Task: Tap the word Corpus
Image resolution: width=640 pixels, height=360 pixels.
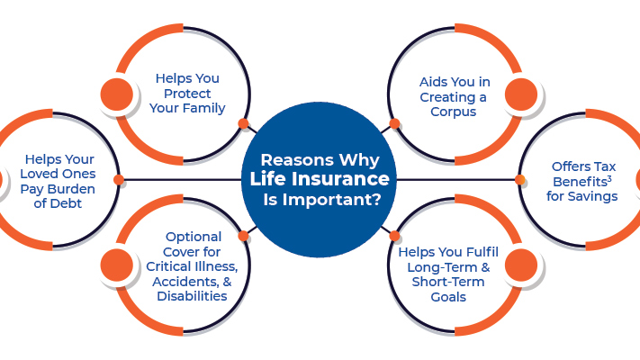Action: click(454, 112)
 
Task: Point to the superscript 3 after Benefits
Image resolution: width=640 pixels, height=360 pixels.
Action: click(609, 179)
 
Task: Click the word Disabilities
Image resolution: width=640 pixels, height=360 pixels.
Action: click(192, 296)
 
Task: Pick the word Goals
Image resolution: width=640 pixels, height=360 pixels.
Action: click(448, 297)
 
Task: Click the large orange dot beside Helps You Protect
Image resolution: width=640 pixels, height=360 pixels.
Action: click(117, 94)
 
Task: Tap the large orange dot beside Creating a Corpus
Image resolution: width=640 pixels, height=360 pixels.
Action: click(521, 94)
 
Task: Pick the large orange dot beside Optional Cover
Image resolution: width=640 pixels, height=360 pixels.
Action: click(117, 265)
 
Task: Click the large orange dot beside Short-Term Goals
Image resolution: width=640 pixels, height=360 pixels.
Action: click(521, 265)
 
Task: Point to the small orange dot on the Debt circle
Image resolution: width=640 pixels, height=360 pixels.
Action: click(119, 180)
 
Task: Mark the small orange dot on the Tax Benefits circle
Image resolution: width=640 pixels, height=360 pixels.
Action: click(520, 180)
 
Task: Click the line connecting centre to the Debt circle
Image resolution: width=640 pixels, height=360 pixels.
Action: click(183, 180)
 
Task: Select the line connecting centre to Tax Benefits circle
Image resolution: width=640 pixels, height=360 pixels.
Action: click(455, 180)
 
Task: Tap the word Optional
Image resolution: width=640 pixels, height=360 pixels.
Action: click(194, 237)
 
